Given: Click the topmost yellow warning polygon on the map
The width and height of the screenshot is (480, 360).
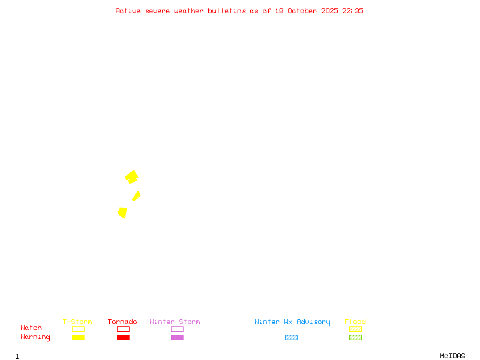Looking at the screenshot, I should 131,177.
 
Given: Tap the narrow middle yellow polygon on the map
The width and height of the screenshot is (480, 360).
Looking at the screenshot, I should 136,196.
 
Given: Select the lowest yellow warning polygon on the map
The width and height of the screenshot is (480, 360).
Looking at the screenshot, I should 122,212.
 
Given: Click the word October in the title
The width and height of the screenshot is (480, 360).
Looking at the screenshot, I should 307,11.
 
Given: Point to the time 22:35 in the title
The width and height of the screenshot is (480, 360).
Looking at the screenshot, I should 353,11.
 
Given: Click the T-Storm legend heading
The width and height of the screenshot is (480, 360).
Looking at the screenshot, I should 77,322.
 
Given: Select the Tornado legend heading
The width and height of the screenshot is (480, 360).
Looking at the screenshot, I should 122,322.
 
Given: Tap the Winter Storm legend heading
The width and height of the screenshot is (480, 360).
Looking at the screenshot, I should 175,322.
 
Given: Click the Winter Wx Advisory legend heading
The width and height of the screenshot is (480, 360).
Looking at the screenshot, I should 292,322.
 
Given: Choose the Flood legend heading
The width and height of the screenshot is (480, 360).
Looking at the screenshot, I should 355,322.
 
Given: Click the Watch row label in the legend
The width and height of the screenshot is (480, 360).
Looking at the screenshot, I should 31,328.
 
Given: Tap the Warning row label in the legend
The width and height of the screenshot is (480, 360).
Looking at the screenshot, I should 35,337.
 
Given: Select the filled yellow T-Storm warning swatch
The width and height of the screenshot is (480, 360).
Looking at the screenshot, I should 78,338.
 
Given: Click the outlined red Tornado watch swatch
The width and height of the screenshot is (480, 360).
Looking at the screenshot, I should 123,329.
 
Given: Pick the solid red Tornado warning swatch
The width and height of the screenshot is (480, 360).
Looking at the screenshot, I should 123,338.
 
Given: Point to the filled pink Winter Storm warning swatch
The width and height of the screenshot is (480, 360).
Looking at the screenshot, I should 177,338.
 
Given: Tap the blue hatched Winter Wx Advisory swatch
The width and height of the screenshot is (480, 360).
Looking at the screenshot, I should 291,338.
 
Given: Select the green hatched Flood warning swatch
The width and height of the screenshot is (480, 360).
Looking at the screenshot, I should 355,338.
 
